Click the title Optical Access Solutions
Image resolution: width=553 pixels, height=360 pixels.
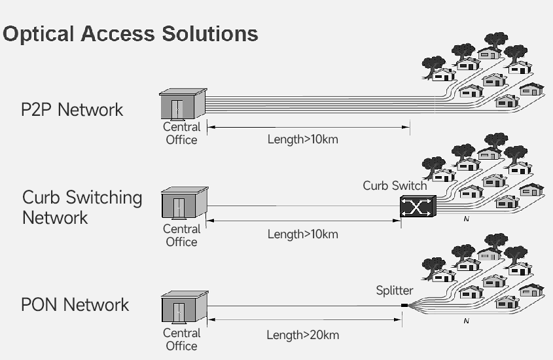130,33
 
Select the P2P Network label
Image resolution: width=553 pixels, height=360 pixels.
71,109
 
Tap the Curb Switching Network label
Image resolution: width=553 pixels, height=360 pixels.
82,207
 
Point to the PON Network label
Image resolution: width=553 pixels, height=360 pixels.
75,304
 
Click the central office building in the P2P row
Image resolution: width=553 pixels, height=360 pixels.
183,105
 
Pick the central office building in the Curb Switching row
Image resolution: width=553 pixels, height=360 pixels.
184,204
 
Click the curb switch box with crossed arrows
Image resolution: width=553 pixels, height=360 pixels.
417,207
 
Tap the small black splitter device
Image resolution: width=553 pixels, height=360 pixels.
404,305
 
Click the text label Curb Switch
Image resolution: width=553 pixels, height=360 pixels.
395,186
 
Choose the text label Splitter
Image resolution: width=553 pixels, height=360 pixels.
395,290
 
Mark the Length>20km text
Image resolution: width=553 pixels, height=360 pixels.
302,335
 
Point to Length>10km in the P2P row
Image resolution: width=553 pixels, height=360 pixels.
302,139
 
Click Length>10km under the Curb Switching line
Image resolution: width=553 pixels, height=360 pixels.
302,234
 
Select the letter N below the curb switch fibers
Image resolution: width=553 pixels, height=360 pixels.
466,219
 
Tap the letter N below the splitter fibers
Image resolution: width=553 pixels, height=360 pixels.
466,321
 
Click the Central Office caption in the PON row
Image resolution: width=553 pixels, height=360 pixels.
181,339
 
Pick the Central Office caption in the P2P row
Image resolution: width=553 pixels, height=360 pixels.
181,134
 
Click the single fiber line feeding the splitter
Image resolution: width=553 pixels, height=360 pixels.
301,306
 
